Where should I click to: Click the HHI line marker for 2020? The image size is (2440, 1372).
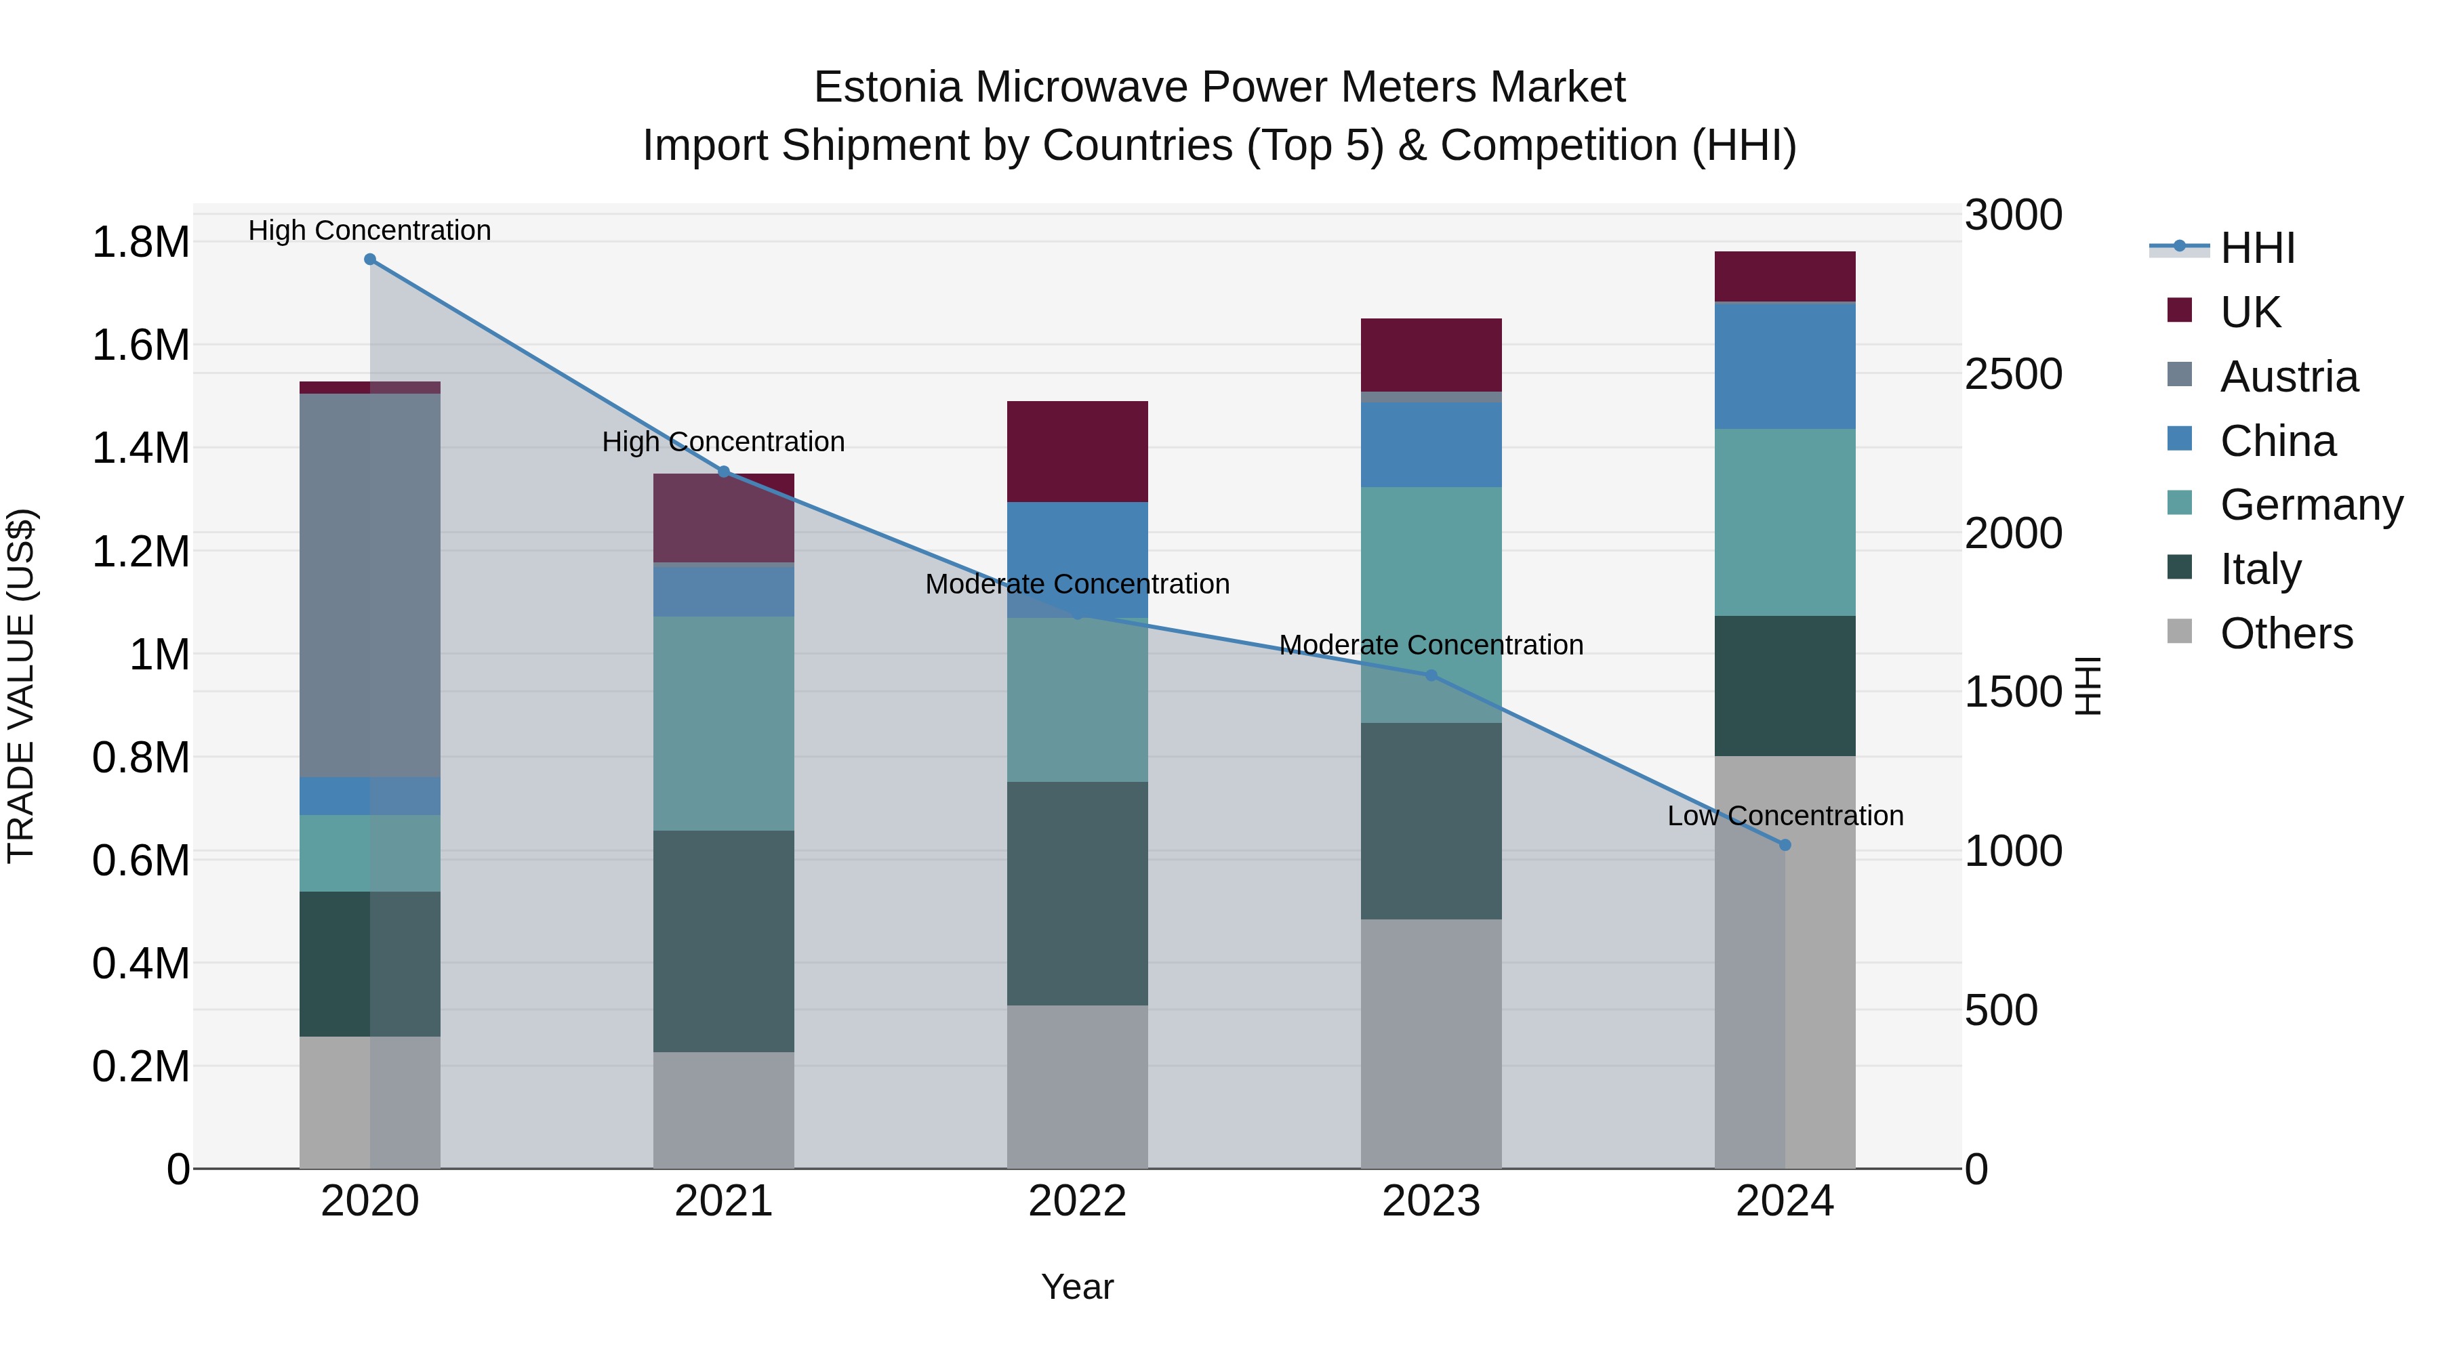pyautogui.click(x=370, y=259)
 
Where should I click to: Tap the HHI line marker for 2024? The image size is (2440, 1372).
pyautogui.click(x=1785, y=845)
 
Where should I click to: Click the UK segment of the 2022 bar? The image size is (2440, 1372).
pyautogui.click(x=1077, y=452)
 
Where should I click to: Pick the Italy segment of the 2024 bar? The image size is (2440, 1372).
pyautogui.click(x=1785, y=686)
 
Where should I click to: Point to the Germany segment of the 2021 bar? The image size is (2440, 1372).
pyautogui.click(x=724, y=724)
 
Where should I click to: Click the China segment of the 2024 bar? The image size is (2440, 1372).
pyautogui.click(x=1785, y=367)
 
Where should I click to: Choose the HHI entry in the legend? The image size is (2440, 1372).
pyautogui.click(x=2256, y=248)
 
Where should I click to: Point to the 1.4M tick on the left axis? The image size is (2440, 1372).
pyautogui.click(x=140, y=448)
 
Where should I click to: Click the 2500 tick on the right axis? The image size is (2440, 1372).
pyautogui.click(x=2013, y=374)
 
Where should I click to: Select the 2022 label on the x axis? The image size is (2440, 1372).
pyautogui.click(x=1077, y=1201)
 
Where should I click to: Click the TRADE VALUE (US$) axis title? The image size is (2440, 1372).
pyautogui.click(x=21, y=686)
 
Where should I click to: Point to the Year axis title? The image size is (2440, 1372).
pyautogui.click(x=1077, y=1287)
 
